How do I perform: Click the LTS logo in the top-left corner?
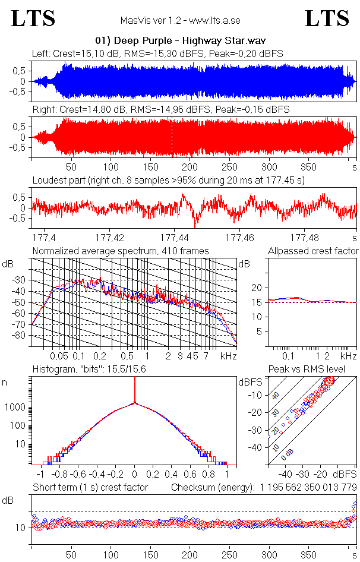pos(33,19)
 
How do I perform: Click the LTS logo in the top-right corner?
pos(327,19)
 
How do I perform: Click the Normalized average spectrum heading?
pos(121,251)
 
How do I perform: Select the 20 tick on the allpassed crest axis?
pos(256,288)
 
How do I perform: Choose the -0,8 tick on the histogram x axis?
pos(58,475)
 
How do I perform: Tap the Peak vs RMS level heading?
pos(311,370)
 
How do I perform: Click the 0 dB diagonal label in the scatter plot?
pos(288,453)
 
